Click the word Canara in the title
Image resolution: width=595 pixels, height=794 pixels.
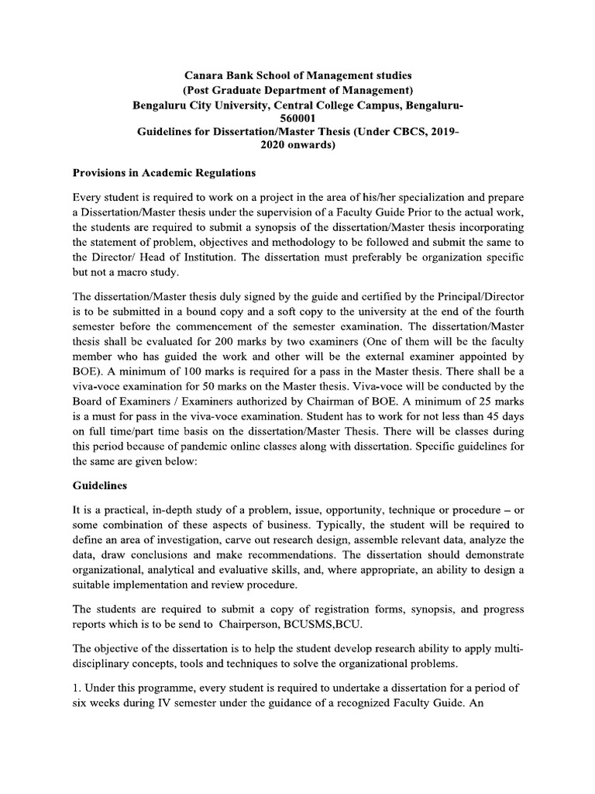(x=203, y=75)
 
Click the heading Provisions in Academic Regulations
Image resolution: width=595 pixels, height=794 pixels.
(x=164, y=172)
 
